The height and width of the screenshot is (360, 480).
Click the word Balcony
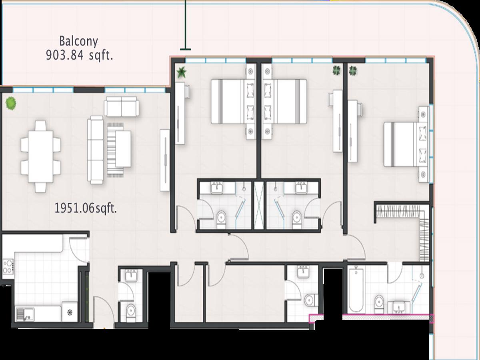pyautogui.click(x=78, y=42)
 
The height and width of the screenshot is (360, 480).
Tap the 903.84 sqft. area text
pyautogui.click(x=79, y=55)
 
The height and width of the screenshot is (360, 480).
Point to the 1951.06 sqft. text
pyautogui.click(x=86, y=208)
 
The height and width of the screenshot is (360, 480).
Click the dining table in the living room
pyautogui.click(x=41, y=156)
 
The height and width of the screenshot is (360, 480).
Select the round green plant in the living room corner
pyautogui.click(x=11, y=103)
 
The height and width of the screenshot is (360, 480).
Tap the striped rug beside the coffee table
pyautogui.click(x=115, y=150)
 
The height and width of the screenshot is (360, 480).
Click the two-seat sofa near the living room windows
pyautogui.click(x=121, y=106)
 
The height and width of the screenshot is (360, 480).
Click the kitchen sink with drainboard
pyautogui.click(x=25, y=314)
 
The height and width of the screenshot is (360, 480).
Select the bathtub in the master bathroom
pyautogui.click(x=356, y=290)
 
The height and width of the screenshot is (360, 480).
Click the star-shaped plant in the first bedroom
pyautogui.click(x=182, y=72)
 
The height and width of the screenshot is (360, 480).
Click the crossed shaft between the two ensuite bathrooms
pyautogui.click(x=259, y=205)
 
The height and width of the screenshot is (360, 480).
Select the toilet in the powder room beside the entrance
pyautogui.click(x=131, y=310)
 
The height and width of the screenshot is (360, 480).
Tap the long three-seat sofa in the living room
pyautogui.click(x=96, y=150)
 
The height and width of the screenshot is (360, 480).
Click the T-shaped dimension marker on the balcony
pyautogui.click(x=186, y=25)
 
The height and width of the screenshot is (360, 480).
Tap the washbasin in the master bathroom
pyautogui.click(x=399, y=307)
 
